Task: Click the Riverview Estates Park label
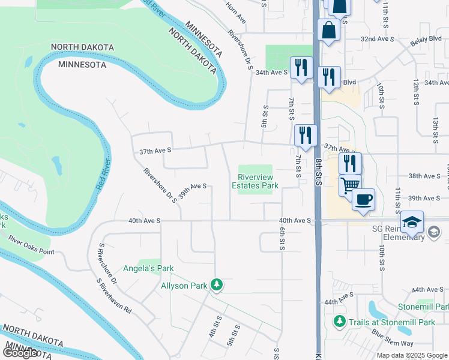[x=255, y=181]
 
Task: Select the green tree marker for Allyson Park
[x=216, y=285]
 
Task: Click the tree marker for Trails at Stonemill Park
[x=340, y=322]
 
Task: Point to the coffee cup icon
[x=363, y=199]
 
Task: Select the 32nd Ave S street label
[x=376, y=38]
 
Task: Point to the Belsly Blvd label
[x=426, y=39]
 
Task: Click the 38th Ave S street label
[x=424, y=176]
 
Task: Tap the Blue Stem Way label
[x=392, y=338]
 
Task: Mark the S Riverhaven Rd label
[x=114, y=296]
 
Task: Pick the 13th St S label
[x=436, y=128]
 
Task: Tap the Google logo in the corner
[x=20, y=353]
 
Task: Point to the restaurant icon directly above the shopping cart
[x=350, y=163]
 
